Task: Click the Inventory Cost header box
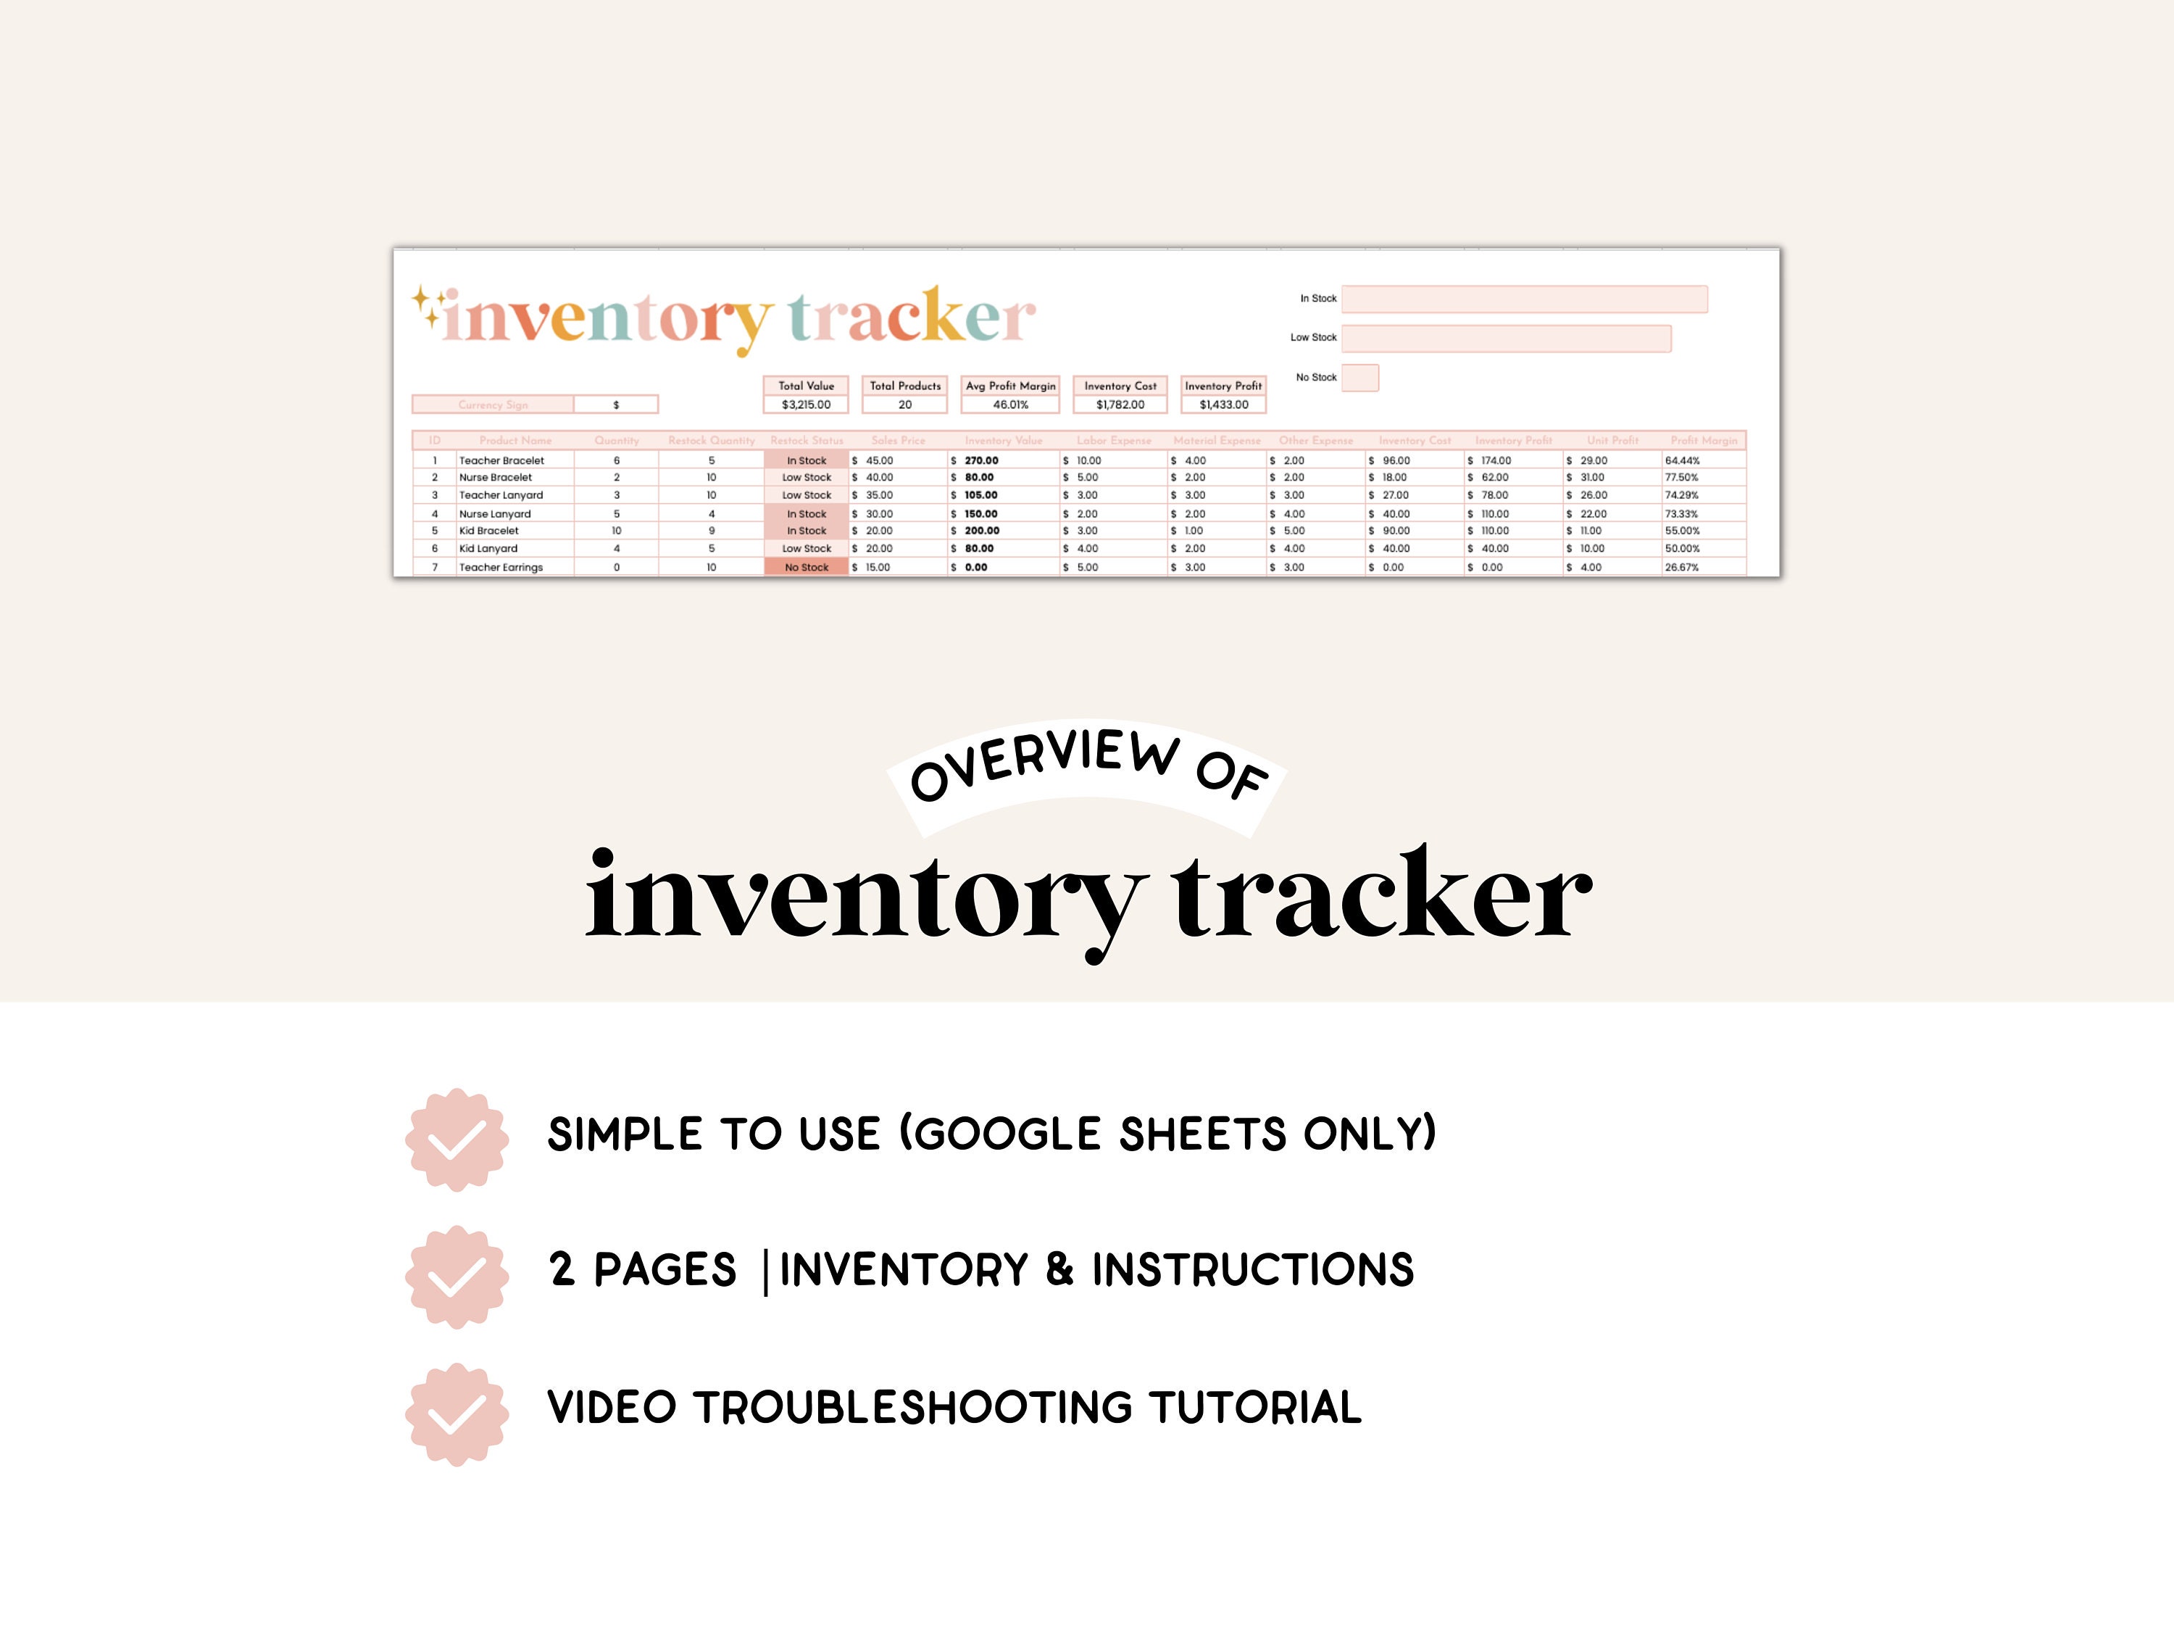pos(1120,386)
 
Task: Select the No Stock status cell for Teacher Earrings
pos(806,568)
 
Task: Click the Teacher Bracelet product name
pos(501,460)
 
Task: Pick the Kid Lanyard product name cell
pos(488,549)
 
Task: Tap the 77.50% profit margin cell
pos(1682,478)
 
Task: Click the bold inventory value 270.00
pos(981,460)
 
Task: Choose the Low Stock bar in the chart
pos(1506,339)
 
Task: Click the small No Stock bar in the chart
pos(1360,378)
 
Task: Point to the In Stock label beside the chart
pos(1318,299)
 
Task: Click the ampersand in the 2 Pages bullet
pos(1059,1269)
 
